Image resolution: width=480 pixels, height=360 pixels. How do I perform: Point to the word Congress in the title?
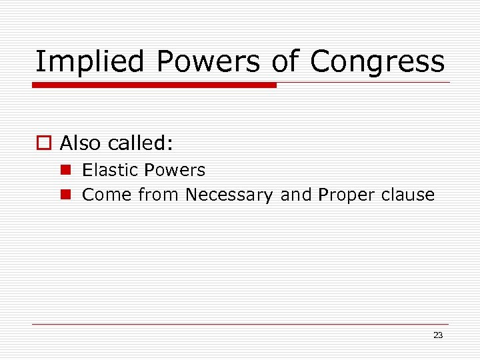click(x=377, y=62)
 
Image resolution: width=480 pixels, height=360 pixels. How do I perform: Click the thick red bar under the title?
click(x=154, y=85)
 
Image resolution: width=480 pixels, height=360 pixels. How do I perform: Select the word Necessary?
click(x=229, y=195)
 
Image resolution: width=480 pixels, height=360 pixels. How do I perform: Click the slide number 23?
click(x=438, y=335)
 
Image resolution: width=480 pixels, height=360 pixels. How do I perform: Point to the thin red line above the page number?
click(x=240, y=324)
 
